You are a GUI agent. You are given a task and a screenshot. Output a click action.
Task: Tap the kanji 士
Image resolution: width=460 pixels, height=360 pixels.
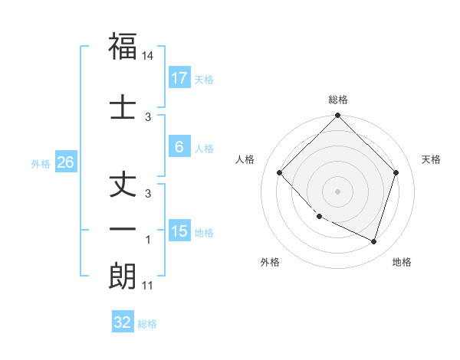[x=123, y=107]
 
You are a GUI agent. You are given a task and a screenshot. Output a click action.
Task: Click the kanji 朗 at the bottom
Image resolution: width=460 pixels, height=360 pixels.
[x=123, y=276]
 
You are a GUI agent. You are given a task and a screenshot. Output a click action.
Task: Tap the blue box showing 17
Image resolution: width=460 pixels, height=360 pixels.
[x=179, y=77]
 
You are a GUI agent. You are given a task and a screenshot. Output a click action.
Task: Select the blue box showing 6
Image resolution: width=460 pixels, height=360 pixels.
[x=179, y=148]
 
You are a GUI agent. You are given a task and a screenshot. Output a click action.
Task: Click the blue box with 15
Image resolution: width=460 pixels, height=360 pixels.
[x=179, y=231]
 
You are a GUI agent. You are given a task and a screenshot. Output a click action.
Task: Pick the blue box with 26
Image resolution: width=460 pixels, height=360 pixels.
[x=65, y=163]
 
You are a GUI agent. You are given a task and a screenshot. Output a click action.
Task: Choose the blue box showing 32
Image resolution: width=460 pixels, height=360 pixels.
[x=123, y=322]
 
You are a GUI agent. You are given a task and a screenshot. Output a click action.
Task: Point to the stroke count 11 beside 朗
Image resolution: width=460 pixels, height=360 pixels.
[x=148, y=286]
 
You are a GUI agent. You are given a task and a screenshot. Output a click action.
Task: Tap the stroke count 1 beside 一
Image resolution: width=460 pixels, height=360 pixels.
[x=148, y=241]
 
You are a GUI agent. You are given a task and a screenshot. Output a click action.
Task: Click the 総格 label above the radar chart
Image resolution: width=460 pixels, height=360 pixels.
[x=337, y=100]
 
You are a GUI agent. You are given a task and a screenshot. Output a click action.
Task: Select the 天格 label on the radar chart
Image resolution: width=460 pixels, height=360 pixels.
[x=432, y=159]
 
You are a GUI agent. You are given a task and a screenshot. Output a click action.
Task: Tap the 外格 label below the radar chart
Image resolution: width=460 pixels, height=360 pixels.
[x=270, y=262]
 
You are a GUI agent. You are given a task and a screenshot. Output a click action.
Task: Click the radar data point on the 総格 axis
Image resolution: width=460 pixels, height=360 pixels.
[x=337, y=116]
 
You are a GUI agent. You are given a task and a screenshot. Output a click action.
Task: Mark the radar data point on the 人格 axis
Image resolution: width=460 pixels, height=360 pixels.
[x=280, y=173]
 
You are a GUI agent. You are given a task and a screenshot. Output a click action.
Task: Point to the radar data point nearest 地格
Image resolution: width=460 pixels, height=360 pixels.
[x=373, y=241]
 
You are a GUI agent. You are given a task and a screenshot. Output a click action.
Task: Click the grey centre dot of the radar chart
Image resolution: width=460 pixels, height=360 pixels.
[x=337, y=191]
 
